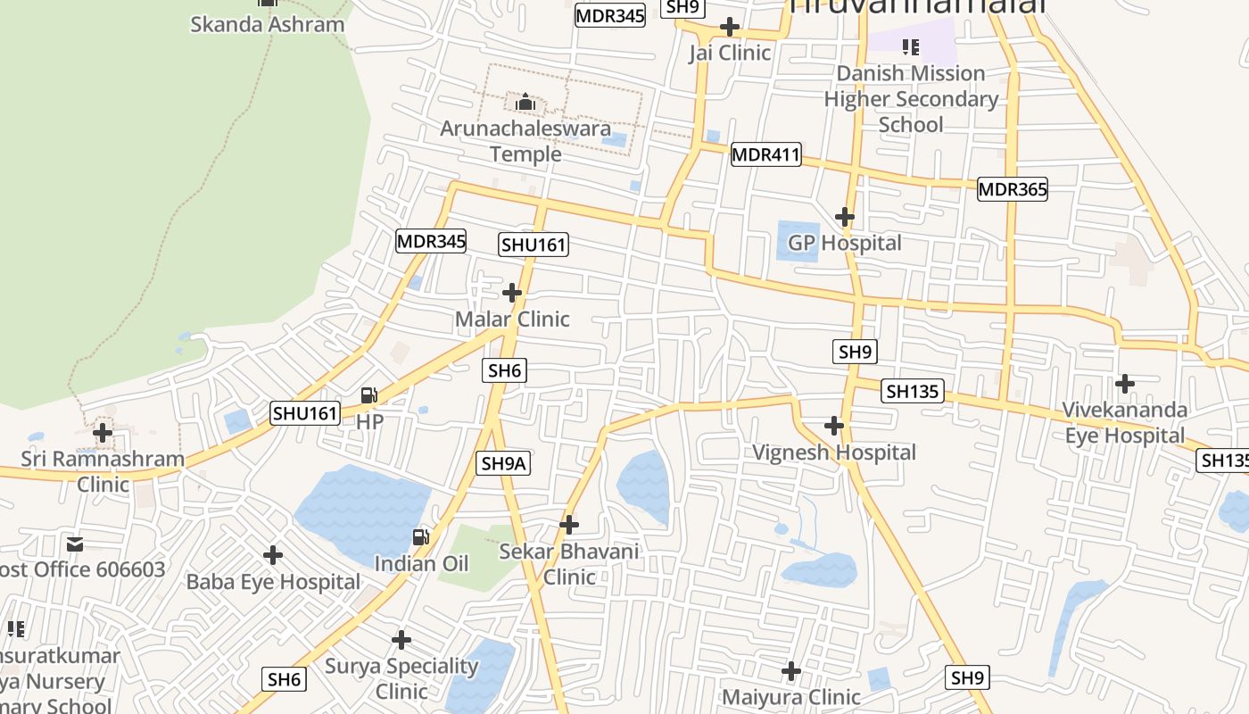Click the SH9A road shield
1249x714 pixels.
(504, 463)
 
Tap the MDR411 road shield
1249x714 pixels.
(765, 154)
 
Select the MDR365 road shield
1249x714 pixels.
(1012, 189)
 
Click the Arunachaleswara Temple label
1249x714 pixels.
(525, 141)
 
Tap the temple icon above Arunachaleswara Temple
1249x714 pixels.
(525, 103)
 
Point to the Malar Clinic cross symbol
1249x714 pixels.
(512, 293)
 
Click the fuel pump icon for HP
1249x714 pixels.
(369, 395)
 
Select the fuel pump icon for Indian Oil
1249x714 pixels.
(421, 537)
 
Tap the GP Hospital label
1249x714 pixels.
(844, 243)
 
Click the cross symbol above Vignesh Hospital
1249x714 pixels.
(834, 426)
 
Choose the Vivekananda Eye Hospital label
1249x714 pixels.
(1124, 423)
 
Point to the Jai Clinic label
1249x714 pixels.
(729, 53)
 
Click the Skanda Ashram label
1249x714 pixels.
(267, 24)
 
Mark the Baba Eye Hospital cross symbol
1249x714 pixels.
(273, 555)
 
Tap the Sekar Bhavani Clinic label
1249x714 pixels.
(569, 564)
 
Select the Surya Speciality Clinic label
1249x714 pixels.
(401, 678)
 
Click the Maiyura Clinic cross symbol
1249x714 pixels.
(791, 671)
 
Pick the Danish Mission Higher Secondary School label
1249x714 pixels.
(911, 98)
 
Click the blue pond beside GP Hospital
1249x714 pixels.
(797, 240)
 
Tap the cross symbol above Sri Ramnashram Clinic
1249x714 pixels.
(103, 433)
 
